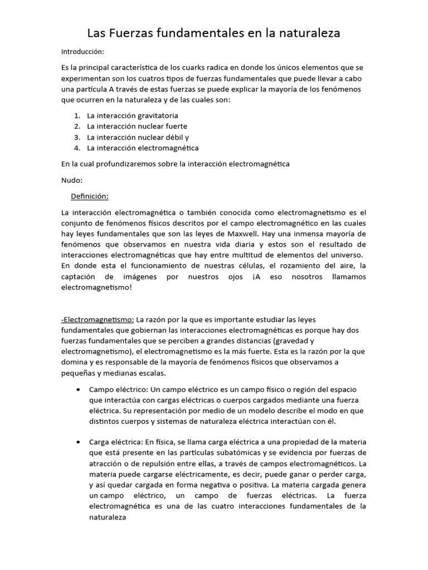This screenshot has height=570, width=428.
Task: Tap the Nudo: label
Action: click(x=72, y=180)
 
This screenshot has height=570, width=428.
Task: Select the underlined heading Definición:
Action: click(x=89, y=196)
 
